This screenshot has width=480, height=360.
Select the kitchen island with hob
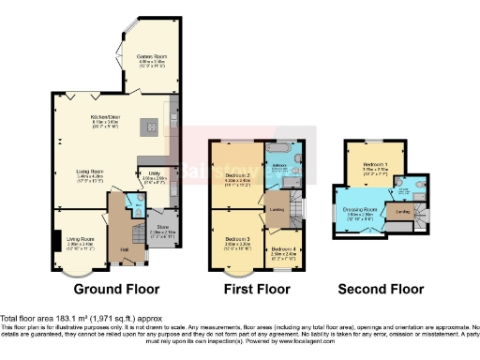(x=146, y=126)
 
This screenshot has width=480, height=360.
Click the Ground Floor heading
(x=116, y=289)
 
